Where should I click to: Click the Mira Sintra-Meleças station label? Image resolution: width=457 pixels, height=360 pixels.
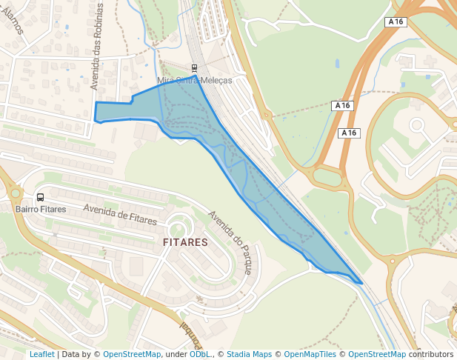pos(195,80)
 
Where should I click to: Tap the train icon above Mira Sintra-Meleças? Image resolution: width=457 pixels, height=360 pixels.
pos(195,67)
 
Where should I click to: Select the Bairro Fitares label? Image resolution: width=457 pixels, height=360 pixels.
pos(41,209)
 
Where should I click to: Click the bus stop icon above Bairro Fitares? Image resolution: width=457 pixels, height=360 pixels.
pos(40,197)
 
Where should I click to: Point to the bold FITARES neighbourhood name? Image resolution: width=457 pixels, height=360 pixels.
pos(185,241)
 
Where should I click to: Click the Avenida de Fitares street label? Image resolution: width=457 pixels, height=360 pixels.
pos(120,214)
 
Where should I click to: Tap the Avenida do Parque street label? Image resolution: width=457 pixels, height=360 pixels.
pos(230,243)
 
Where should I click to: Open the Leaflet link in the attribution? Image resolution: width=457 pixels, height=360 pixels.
pos(41,354)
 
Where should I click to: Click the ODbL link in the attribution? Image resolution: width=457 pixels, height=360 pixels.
pos(199,354)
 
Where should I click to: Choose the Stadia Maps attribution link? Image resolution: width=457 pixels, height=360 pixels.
pos(249,354)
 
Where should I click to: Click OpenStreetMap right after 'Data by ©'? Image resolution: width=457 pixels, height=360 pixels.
pos(132,354)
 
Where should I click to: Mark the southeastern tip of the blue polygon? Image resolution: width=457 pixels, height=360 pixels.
pos(361,283)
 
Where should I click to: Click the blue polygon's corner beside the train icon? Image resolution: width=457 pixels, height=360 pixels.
pos(196,76)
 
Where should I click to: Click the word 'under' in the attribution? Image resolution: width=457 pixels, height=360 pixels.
pos(176,354)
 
